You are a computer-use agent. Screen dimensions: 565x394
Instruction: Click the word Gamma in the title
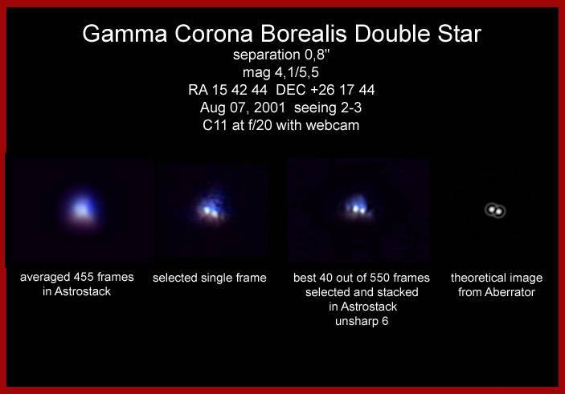pos(125,34)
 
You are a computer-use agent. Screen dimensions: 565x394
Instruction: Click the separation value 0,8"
pos(317,55)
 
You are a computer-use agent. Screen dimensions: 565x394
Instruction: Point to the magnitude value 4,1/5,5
pos(297,73)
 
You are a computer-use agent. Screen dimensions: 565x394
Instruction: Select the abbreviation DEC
pos(291,90)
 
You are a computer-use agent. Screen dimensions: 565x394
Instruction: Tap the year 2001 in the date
pos(269,108)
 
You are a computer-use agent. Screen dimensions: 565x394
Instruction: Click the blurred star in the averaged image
pos(82,208)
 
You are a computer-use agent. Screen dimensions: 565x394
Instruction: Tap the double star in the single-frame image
pos(211,209)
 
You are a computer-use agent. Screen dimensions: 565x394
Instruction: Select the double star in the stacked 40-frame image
pos(358,209)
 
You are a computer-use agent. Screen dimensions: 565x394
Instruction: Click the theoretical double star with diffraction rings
pos(495,210)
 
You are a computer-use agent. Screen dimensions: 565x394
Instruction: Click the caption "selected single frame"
pos(209,278)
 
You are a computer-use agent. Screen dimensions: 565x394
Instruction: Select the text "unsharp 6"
pos(362,321)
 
